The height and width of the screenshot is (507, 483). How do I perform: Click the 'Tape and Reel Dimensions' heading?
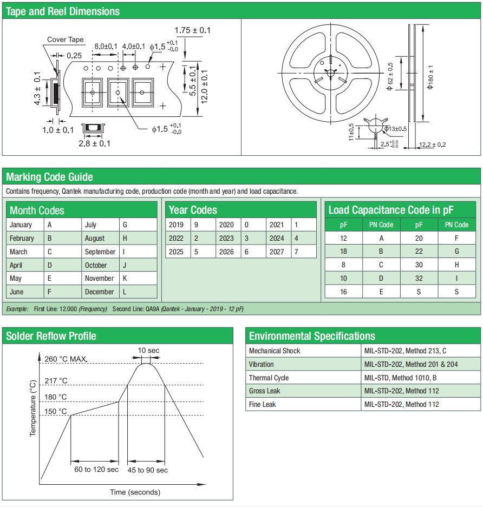click(63, 11)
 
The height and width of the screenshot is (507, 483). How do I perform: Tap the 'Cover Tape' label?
click(65, 39)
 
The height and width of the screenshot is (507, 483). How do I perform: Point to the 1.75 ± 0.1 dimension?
click(193, 30)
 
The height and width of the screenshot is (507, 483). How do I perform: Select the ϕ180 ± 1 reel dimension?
click(430, 77)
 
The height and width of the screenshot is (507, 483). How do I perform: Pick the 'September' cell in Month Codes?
click(100, 252)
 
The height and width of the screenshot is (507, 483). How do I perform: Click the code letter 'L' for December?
click(125, 292)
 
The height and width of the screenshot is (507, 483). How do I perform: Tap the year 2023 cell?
click(226, 238)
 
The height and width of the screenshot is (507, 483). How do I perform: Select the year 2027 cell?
click(276, 252)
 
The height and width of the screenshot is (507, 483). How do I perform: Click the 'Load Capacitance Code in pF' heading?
click(391, 210)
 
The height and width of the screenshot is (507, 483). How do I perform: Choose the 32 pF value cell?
click(419, 278)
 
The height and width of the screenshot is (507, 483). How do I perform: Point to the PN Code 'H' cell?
click(456, 265)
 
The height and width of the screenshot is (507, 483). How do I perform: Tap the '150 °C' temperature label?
click(56, 412)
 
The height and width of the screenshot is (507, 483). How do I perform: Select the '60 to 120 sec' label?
click(96, 469)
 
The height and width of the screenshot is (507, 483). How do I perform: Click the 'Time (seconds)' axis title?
click(135, 492)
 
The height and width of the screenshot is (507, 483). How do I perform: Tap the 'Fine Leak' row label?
click(263, 404)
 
